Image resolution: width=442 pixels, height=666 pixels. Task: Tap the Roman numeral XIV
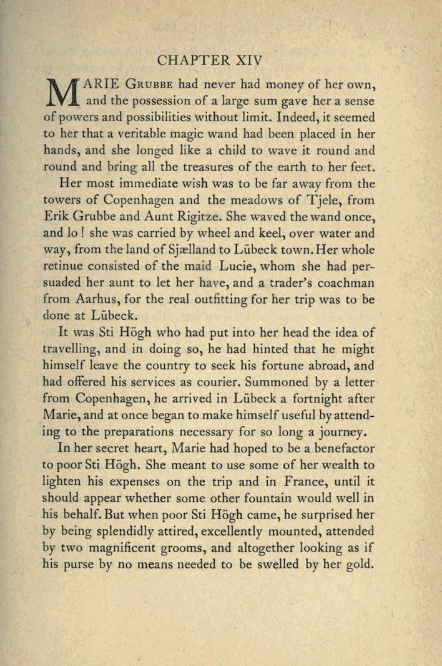coord(248,61)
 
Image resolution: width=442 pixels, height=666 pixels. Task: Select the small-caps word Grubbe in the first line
coord(150,83)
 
